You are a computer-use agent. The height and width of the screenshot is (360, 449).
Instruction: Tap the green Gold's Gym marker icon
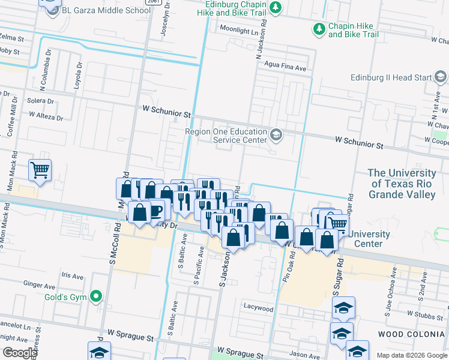point(95,296)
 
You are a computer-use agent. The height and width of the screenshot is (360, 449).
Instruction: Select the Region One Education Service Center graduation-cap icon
point(276,134)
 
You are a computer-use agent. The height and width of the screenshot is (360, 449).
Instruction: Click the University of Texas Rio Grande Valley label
point(402,184)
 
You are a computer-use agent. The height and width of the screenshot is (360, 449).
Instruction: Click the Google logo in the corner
point(19,353)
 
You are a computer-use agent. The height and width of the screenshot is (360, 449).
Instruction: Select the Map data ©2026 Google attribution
point(411,355)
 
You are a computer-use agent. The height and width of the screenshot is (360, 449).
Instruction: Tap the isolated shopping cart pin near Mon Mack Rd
point(40,170)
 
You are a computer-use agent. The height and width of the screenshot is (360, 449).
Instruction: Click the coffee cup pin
point(155,211)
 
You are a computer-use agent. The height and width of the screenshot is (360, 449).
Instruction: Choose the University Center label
point(369,239)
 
